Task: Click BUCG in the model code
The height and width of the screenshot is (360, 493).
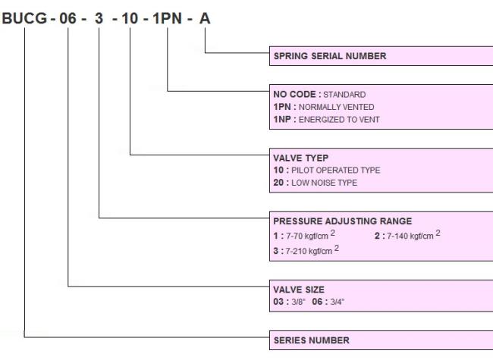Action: (x=24, y=18)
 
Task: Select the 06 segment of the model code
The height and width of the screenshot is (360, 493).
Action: (x=68, y=18)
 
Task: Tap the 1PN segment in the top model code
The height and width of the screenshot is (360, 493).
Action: (x=168, y=18)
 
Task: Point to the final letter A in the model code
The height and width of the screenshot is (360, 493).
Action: (x=205, y=18)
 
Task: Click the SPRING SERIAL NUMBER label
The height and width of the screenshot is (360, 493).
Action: (x=330, y=56)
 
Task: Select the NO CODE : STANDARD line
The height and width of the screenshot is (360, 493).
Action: (x=319, y=94)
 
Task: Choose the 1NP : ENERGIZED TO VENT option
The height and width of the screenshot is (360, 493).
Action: (x=326, y=120)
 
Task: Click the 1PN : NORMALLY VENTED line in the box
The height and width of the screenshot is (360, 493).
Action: (x=324, y=107)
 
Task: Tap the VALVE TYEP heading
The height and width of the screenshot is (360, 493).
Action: (x=300, y=158)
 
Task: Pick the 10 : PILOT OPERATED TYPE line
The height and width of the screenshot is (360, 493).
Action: (x=327, y=170)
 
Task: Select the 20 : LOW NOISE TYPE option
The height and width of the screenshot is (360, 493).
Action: (x=315, y=183)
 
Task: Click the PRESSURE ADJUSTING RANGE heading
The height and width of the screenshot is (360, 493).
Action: (x=342, y=221)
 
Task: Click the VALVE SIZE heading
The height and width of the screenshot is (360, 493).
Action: (x=299, y=290)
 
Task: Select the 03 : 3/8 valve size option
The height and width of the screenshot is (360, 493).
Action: (x=289, y=302)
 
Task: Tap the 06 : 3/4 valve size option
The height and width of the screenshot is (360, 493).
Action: (x=328, y=302)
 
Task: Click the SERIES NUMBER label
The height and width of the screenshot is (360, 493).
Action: (x=311, y=340)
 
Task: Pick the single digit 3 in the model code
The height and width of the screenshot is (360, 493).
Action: (x=99, y=18)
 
